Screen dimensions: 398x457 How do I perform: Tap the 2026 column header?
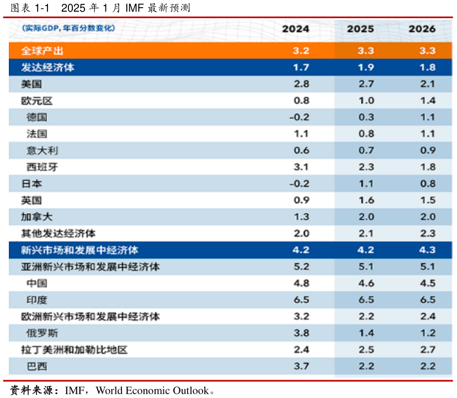point(422,29)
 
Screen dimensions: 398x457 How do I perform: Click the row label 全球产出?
point(42,51)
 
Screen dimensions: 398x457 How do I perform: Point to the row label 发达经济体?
point(47,67)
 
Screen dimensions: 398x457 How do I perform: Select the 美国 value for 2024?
point(301,84)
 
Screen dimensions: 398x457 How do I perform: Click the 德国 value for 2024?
point(299,117)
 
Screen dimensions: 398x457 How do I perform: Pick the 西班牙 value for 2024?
point(301,167)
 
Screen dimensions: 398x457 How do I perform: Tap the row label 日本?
point(31,184)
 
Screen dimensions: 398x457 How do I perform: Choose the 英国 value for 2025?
point(366,200)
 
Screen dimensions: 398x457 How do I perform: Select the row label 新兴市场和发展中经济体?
point(79,250)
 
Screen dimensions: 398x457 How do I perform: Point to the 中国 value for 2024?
point(301,283)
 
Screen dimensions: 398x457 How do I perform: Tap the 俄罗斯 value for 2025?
point(366,333)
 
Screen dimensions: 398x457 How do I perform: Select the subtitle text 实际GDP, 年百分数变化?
point(68,28)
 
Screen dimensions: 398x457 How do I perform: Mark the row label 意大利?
point(42,150)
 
